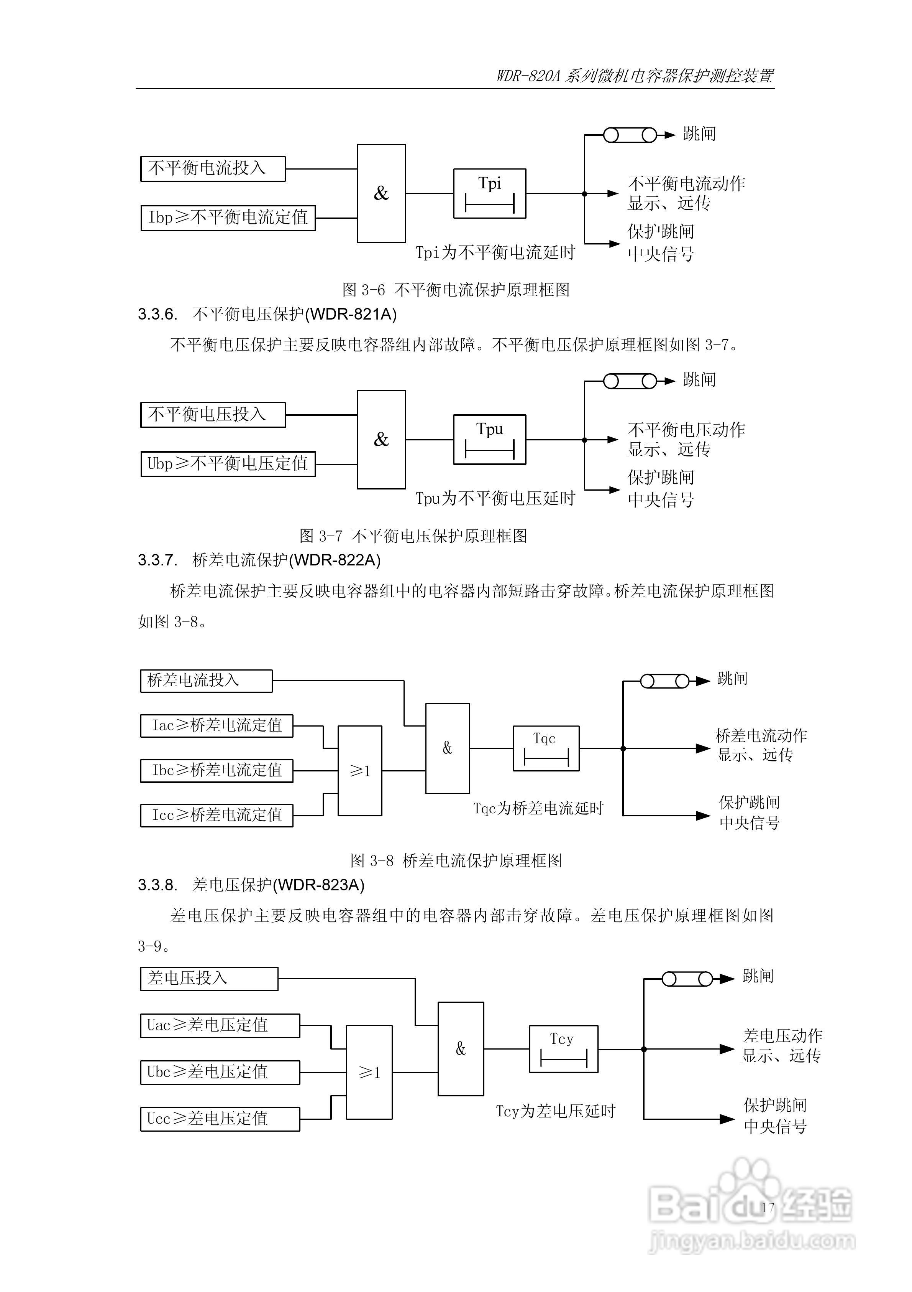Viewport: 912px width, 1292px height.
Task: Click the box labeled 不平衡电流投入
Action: pos(213,169)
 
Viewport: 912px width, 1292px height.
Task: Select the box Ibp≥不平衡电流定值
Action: pos(228,218)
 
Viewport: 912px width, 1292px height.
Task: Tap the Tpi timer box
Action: pos(489,194)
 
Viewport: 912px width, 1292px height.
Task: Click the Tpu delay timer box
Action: pos(489,440)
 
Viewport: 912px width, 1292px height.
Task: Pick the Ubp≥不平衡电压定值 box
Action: pos(228,464)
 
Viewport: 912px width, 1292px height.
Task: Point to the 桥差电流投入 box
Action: pos(206,681)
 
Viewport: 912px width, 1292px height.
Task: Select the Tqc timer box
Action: pos(545,748)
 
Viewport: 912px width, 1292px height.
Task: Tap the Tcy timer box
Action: pos(563,1049)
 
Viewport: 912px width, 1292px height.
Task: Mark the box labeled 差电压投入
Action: pos(208,979)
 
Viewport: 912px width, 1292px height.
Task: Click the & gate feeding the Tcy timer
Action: pos(461,1049)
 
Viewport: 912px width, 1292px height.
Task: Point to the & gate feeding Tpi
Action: pos(381,194)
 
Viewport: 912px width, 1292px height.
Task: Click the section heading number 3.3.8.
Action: pos(157,885)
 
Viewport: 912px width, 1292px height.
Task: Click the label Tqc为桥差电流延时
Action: pos(538,809)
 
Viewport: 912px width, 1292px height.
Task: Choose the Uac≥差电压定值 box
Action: pos(220,1025)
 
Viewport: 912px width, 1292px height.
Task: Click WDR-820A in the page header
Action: pos(528,76)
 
